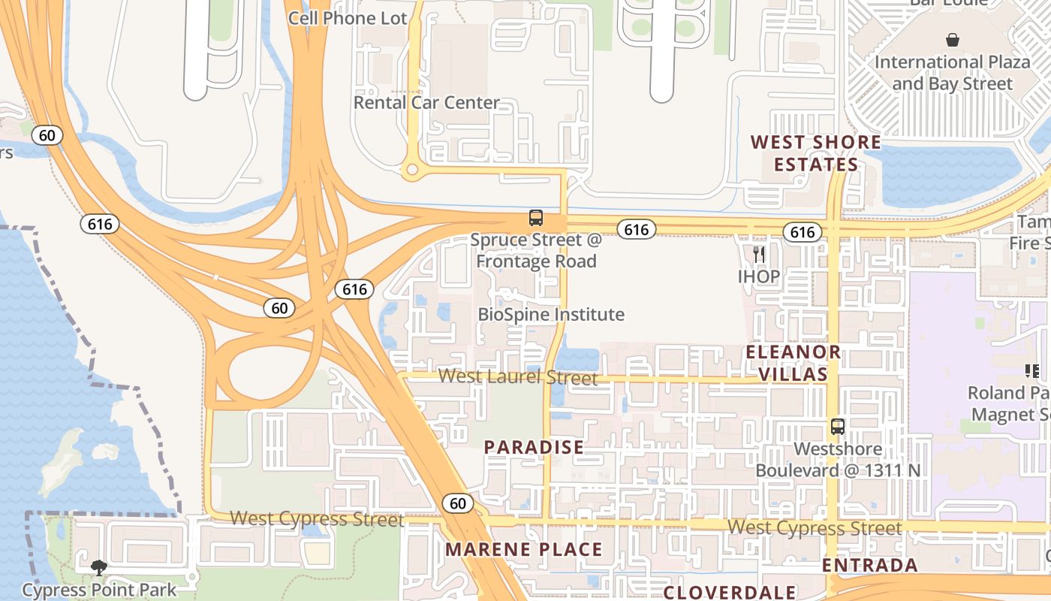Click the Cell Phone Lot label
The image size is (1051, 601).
[348, 18]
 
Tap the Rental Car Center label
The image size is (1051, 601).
[426, 102]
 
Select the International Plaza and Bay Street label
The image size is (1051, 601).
[953, 72]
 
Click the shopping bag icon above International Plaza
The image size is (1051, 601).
[953, 40]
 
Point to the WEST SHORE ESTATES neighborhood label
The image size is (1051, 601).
[816, 153]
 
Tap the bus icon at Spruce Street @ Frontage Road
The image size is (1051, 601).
[536, 218]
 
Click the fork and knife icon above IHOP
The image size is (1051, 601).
[759, 254]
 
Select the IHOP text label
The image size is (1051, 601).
[759, 276]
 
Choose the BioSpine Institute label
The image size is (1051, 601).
[551, 314]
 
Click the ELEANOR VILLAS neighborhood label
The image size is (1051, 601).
[793, 363]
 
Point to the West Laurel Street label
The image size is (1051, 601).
[518, 376]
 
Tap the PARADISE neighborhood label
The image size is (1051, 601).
[534, 448]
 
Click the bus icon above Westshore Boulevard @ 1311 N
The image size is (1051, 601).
[838, 427]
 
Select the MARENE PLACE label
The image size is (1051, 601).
[524, 550]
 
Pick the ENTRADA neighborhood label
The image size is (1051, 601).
[870, 565]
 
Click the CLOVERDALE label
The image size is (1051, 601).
[730, 592]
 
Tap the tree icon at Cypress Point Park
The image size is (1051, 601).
[98, 567]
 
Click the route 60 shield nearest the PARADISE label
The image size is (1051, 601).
[458, 503]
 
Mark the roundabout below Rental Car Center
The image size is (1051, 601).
[411, 170]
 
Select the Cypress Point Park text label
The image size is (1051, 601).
[99, 590]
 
